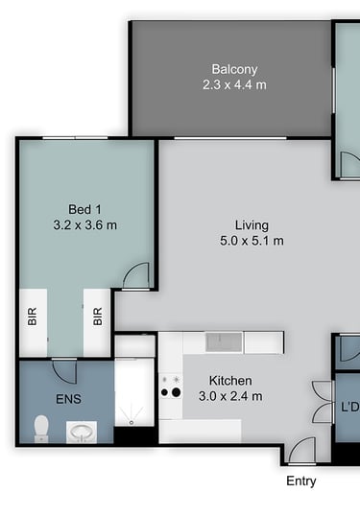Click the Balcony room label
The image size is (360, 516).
(x=234, y=69)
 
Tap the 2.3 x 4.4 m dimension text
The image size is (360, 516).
(x=234, y=85)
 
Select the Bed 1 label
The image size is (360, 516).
(x=84, y=209)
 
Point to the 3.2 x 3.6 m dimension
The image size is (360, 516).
(x=85, y=225)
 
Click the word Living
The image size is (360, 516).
(x=252, y=225)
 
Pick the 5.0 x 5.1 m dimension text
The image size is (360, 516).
(x=252, y=241)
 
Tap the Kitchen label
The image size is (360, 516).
(x=230, y=381)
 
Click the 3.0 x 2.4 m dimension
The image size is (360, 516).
(x=230, y=396)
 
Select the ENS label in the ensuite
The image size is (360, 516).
(x=68, y=399)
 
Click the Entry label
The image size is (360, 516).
(x=301, y=481)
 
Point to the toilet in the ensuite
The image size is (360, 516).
(x=41, y=429)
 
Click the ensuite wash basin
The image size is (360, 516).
(x=82, y=433)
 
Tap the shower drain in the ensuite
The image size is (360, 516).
(x=132, y=422)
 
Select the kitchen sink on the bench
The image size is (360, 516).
(x=224, y=341)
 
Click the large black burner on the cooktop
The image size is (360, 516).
(x=177, y=392)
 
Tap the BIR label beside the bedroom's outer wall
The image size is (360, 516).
(x=32, y=317)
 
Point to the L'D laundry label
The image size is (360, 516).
(x=349, y=408)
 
